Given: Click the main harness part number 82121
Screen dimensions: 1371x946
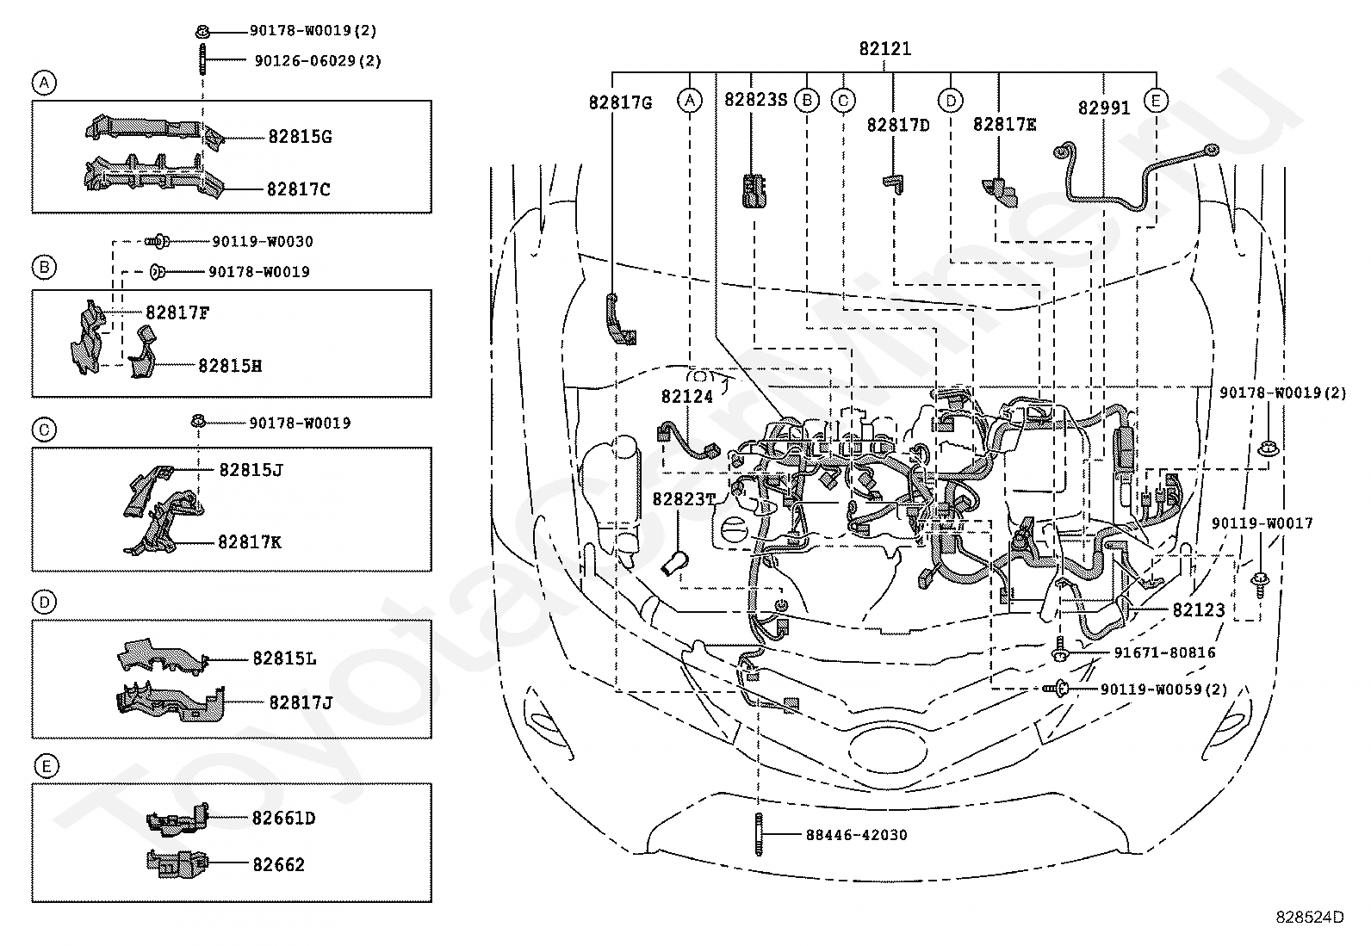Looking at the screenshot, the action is pos(884,48).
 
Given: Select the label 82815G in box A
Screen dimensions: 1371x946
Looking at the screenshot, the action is pos(300,137).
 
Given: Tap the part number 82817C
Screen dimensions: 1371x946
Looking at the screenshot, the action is pos(298,189).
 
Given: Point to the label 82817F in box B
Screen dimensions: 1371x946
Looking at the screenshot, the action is pos(177,312).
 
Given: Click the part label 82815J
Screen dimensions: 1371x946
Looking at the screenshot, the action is pos(251,470).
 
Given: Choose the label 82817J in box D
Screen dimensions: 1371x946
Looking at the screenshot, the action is pos(301,702).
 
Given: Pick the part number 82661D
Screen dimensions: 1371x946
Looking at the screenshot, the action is pos(283,818).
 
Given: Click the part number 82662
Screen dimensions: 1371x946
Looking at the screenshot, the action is pos(278,864).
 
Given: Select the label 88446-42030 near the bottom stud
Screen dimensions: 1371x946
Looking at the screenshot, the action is pos(856,835).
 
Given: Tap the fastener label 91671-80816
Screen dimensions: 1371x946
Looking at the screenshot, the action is pos(1164,652).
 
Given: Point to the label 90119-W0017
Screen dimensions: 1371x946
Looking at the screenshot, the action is pos(1262,523).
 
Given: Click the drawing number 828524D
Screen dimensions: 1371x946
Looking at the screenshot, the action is pos(1310,917).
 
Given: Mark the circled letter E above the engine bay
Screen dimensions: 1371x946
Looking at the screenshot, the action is pos(1156,101).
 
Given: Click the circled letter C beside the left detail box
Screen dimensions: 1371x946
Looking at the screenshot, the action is pos(44,430).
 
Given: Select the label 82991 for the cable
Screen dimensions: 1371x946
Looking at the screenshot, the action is pos(1103,108).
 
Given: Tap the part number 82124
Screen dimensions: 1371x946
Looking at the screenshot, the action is pos(686,397).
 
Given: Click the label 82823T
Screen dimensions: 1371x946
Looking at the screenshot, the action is pos(684,499).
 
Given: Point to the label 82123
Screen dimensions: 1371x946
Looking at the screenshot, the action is pos(1199,609).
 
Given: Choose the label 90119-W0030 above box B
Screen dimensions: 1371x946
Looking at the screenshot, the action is pos(263,241).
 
